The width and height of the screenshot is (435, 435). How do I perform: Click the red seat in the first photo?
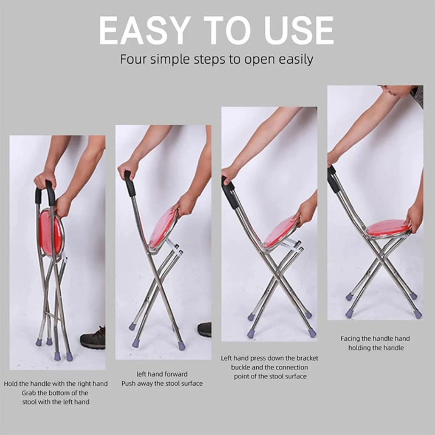50,233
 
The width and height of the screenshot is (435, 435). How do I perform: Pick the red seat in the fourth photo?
387,228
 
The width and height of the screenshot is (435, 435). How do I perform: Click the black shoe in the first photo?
93,339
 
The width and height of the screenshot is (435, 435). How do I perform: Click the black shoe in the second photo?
205,329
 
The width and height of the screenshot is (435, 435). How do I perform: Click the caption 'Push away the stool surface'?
162,384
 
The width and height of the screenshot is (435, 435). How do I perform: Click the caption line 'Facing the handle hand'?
375,339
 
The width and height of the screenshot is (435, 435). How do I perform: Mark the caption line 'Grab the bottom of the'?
55,393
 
